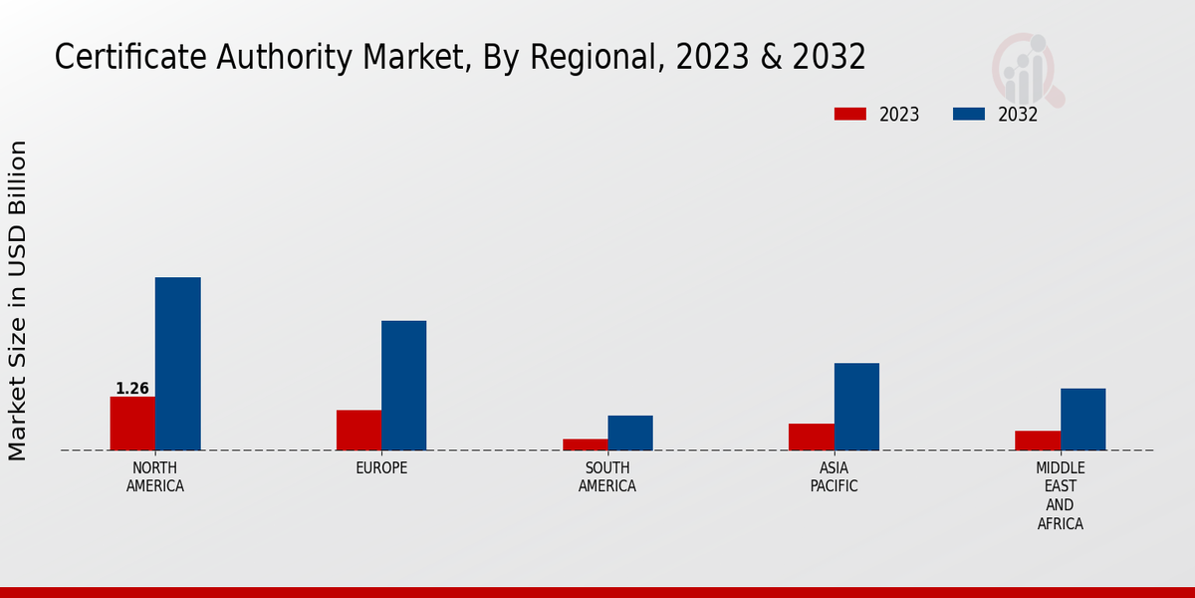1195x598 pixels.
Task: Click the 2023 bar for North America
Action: click(132, 424)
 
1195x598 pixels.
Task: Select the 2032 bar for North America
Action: click(177, 364)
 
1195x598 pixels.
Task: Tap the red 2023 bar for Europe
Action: click(358, 430)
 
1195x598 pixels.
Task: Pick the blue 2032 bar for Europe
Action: click(403, 385)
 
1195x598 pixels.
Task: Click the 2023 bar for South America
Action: click(585, 445)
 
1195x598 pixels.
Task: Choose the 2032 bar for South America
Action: click(630, 433)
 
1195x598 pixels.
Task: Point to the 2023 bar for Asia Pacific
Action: click(811, 437)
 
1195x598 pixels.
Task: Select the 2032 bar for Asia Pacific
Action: click(856, 407)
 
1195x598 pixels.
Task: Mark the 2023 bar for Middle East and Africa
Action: click(1038, 441)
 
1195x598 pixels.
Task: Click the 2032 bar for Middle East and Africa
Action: click(1082, 419)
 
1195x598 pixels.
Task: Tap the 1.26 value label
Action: click(132, 389)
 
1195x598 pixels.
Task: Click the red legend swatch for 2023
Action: click(850, 115)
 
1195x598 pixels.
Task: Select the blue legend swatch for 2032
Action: click(969, 115)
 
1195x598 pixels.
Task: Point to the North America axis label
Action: click(155, 477)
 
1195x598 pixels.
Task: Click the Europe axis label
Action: click(381, 468)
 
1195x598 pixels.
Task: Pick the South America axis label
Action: click(607, 477)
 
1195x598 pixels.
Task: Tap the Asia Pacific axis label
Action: click(834, 477)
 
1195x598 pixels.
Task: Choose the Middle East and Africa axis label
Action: click(1061, 495)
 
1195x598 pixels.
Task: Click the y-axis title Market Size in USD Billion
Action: click(18, 300)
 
